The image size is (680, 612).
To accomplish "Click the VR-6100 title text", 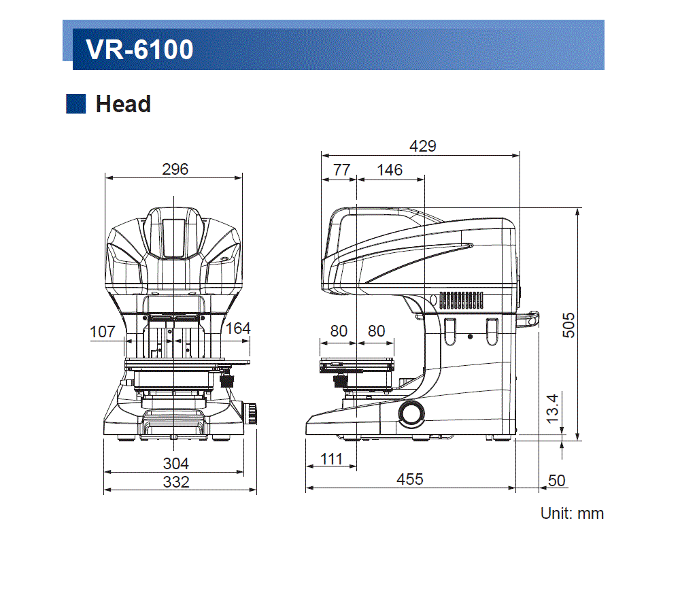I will [x=139, y=50].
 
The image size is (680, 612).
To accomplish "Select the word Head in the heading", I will [x=123, y=104].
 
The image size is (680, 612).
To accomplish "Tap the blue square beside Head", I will [x=75, y=104].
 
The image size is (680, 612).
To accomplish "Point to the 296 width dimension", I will [x=175, y=169].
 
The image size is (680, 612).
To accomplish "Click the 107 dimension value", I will [x=103, y=332].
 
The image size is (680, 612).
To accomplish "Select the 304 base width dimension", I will [x=175, y=464].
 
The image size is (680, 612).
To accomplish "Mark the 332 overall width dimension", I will [x=175, y=481].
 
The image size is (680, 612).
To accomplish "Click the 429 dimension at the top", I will [x=422, y=146].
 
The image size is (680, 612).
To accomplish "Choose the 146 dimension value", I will [x=390, y=170].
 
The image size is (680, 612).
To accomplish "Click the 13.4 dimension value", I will [x=552, y=407].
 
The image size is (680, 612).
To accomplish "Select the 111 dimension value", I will [x=331, y=459].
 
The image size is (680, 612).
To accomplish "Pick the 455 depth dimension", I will [x=410, y=479].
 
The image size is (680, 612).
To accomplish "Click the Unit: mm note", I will [x=571, y=513].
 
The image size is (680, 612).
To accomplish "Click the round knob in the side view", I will [x=411, y=412].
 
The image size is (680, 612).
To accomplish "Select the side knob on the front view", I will [x=251, y=412].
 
